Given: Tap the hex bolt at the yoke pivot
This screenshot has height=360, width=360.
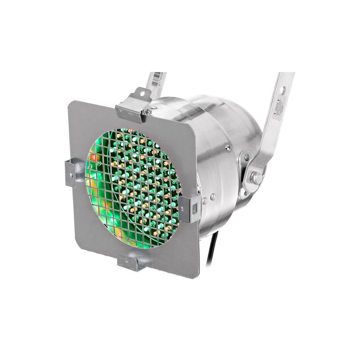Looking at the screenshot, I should click(x=257, y=177).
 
